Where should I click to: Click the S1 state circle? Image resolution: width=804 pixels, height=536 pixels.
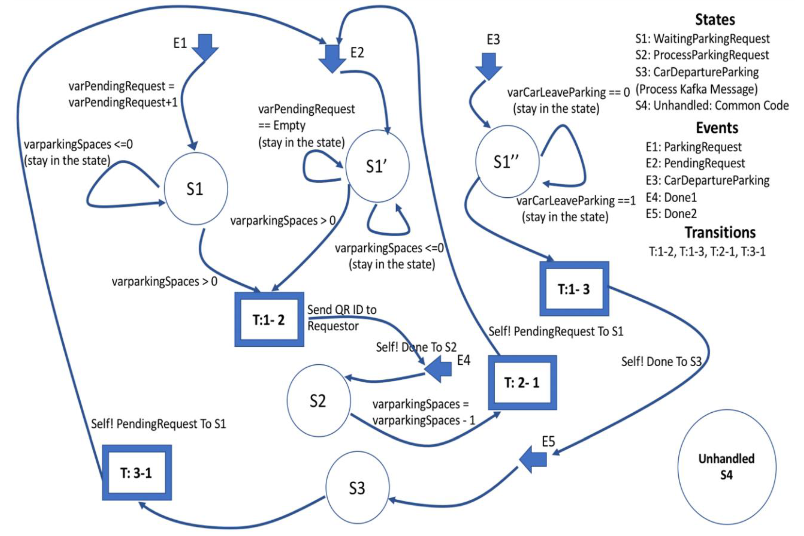point(196,189)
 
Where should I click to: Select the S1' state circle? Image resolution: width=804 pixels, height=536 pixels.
point(377,166)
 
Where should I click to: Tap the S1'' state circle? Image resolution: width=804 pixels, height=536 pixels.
point(507,161)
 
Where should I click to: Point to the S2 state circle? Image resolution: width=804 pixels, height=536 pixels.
point(318,401)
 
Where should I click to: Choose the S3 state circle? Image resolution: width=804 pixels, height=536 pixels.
point(357,488)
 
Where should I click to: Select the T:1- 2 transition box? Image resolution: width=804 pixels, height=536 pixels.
point(269,319)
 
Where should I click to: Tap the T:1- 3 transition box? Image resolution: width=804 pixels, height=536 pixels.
point(574,289)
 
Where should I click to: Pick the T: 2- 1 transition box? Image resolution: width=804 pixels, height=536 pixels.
point(522,382)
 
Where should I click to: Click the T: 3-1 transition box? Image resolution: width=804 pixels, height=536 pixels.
point(137,473)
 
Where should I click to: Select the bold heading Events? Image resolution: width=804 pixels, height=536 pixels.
point(717,128)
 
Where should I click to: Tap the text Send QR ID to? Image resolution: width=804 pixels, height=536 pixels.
point(341,310)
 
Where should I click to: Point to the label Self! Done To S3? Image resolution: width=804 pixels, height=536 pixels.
point(661,361)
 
